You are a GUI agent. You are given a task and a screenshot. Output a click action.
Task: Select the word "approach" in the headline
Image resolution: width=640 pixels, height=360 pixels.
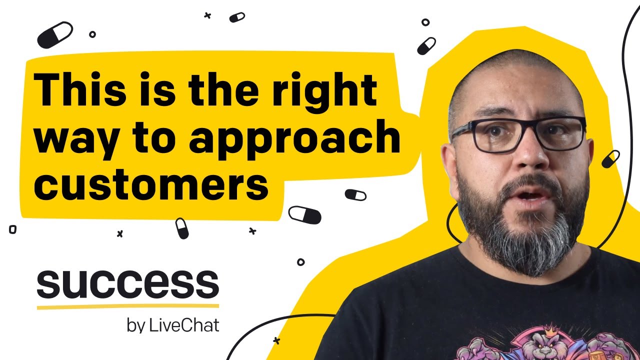(x=294, y=139)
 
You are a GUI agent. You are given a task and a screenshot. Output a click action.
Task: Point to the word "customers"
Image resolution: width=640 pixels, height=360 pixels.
(x=151, y=184)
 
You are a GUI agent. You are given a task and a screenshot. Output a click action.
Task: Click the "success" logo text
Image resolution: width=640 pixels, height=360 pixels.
(x=128, y=284)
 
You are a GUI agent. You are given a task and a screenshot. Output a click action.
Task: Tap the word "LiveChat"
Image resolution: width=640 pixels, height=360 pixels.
(x=184, y=325)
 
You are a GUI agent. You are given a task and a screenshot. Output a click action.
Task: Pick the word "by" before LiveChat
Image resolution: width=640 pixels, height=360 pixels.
(x=135, y=326)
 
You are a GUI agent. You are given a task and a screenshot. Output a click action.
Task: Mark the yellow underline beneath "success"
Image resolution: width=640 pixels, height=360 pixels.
(x=128, y=306)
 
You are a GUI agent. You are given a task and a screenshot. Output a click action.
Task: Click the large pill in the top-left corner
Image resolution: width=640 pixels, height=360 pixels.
(x=55, y=35)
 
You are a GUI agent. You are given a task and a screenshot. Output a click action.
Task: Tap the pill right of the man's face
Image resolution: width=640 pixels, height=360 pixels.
(x=610, y=159)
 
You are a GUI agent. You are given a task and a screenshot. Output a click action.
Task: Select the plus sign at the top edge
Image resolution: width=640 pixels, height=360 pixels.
(x=207, y=15)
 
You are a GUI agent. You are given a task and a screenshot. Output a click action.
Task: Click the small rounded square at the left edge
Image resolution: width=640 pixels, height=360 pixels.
(x=13, y=229)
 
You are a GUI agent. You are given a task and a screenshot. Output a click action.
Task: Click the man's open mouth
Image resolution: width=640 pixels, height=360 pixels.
(x=528, y=198)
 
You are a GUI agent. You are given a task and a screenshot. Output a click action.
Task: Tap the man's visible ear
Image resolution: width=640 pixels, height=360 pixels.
(x=449, y=168)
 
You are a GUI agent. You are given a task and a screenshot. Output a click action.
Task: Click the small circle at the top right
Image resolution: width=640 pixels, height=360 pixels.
(x=425, y=22)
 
